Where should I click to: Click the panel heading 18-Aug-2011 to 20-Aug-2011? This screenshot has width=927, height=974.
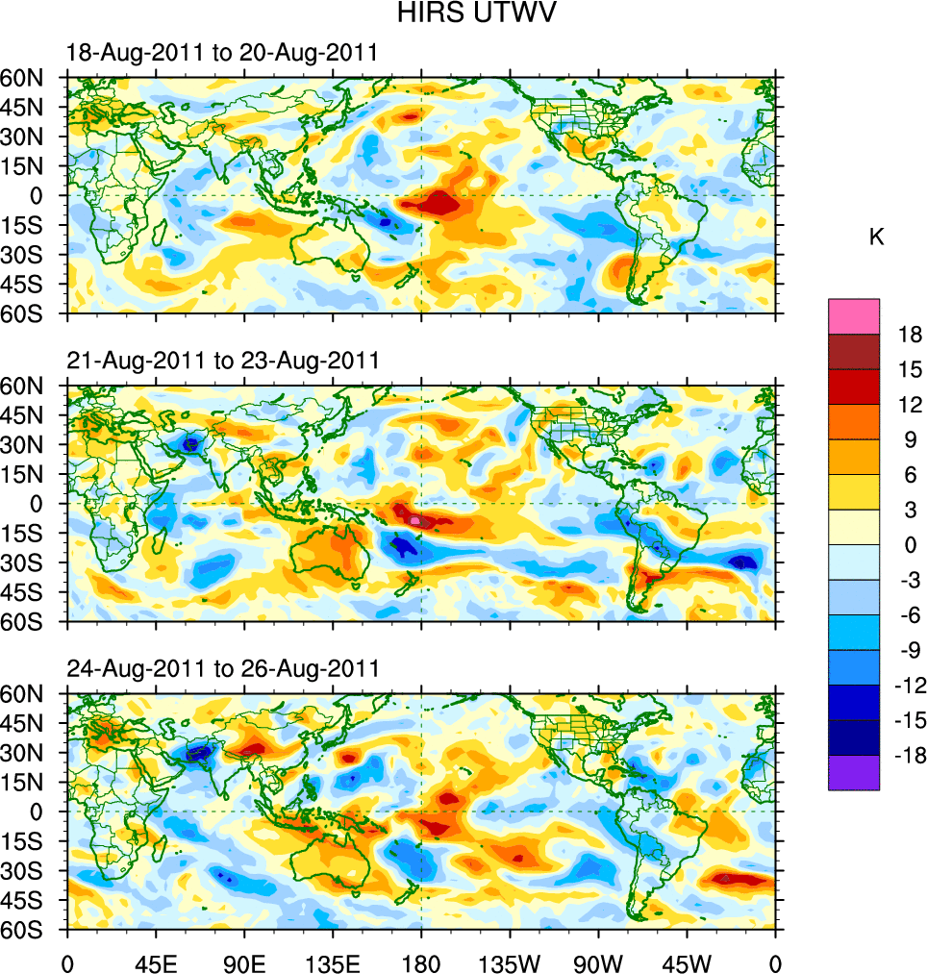[x=222, y=53]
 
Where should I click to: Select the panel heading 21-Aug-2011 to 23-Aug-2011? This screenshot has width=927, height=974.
[x=222, y=361]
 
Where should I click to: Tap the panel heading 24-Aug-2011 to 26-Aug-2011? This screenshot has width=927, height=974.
[x=222, y=668]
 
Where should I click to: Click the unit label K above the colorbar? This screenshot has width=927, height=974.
[x=876, y=237]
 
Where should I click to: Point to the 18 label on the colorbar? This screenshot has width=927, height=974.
[x=910, y=335]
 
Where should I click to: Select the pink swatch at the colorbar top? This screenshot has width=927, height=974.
[x=853, y=316]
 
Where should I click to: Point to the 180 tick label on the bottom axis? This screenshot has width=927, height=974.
[x=421, y=962]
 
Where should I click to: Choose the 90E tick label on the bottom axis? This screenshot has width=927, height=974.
[x=244, y=962]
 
